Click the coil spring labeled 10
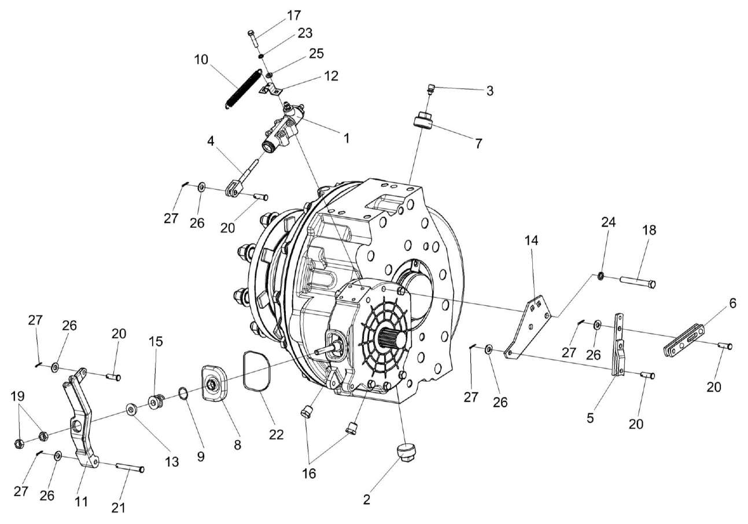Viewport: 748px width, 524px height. (241, 88)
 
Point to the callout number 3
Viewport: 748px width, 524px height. (489, 91)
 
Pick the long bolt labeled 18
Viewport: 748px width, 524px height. (638, 283)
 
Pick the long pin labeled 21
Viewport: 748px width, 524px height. (130, 468)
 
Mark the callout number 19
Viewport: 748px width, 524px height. (17, 397)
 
